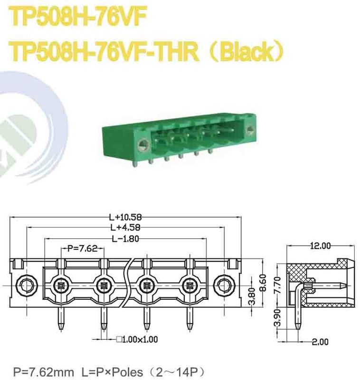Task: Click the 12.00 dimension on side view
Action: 320,246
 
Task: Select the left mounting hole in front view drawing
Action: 25,285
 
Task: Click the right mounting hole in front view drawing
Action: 224,285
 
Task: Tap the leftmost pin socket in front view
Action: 60,285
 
